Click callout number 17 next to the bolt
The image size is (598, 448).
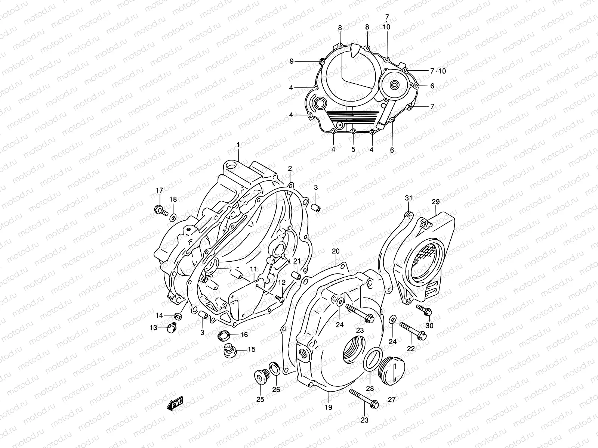coord(160,190)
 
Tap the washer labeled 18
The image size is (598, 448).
coord(173,217)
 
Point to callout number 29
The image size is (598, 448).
coord(435,202)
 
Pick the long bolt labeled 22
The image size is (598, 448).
coord(413,330)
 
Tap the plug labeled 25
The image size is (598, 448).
coord(261,377)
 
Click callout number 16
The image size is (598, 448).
coord(244,335)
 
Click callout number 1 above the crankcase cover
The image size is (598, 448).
coord(238,144)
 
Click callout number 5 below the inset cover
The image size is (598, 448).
coord(353,150)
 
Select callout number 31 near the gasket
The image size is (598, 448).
coord(408,198)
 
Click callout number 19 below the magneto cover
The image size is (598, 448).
coord(328,407)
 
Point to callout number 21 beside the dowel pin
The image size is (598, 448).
coord(297,261)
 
